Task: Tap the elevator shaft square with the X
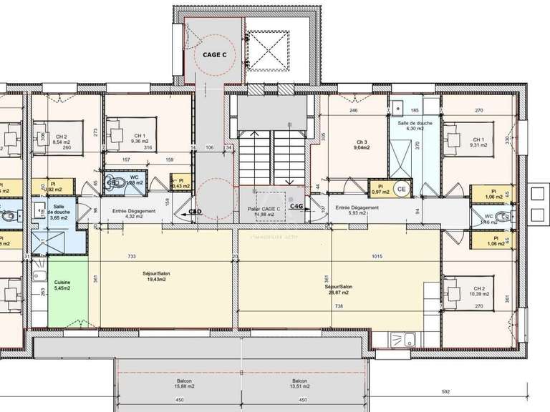click(x=269, y=51)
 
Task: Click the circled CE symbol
click(x=402, y=190)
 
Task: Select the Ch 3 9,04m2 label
click(x=362, y=146)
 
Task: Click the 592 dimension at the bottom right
click(x=445, y=391)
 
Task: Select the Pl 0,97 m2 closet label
click(x=380, y=190)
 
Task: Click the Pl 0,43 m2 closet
click(x=184, y=184)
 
